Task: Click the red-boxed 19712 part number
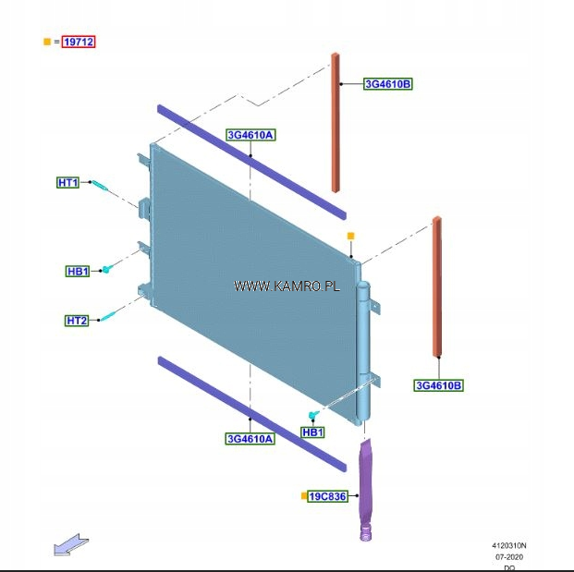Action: click(79, 42)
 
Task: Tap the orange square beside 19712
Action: click(47, 42)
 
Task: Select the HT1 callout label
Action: click(68, 183)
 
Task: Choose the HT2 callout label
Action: click(77, 321)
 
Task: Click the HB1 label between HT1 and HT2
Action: click(78, 272)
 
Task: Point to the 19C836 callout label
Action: click(327, 496)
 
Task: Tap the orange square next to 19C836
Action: click(303, 496)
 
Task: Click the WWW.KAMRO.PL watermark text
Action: click(287, 286)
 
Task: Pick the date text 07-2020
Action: click(509, 556)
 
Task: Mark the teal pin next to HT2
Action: click(108, 314)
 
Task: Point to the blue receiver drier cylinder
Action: click(362, 351)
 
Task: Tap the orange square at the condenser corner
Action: click(350, 237)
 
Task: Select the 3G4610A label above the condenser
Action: click(250, 135)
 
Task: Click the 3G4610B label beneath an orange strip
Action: click(438, 385)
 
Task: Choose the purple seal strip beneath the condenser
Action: click(250, 411)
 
